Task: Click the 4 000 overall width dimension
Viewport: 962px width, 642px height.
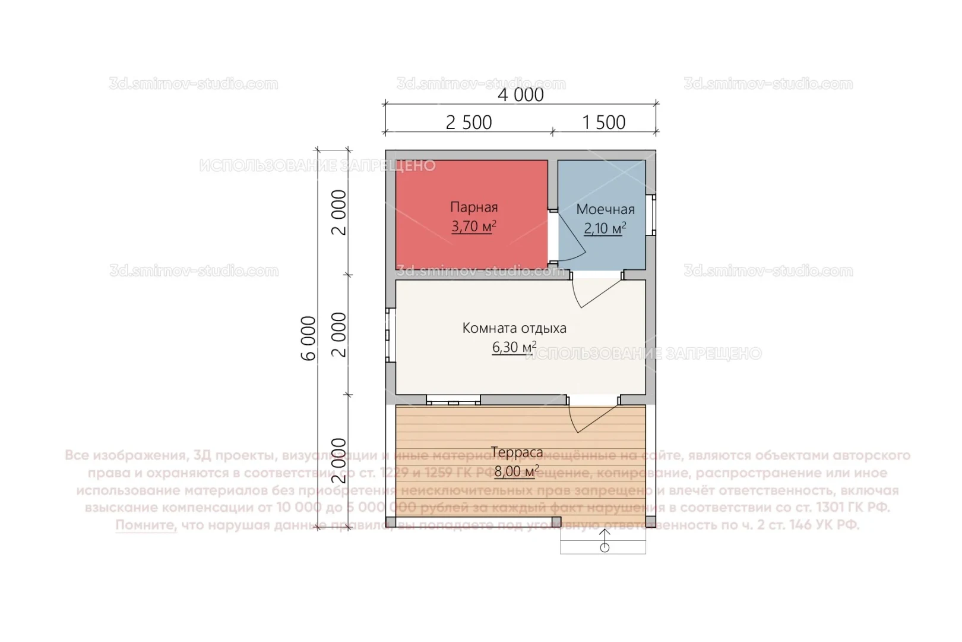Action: click(520, 95)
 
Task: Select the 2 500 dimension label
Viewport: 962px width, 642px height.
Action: click(469, 122)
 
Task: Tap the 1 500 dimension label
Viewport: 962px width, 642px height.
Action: click(603, 122)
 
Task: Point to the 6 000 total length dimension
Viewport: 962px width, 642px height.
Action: click(309, 338)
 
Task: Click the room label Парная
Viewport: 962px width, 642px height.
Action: click(473, 207)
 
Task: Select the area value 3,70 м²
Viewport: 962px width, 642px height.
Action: click(473, 226)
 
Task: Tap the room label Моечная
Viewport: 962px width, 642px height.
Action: click(605, 209)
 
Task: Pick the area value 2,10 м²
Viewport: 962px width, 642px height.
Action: click(605, 228)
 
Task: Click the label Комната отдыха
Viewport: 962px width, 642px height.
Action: click(514, 328)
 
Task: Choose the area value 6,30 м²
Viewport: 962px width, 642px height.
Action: click(514, 347)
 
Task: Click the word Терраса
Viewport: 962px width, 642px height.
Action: click(517, 452)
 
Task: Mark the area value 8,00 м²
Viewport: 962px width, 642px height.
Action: click(517, 471)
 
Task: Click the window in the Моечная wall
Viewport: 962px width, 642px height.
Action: click(651, 213)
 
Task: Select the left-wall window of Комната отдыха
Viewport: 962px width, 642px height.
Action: click(390, 335)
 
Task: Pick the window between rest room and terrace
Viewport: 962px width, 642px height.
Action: click(453, 400)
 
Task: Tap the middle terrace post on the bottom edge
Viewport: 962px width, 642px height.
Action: click(556, 522)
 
